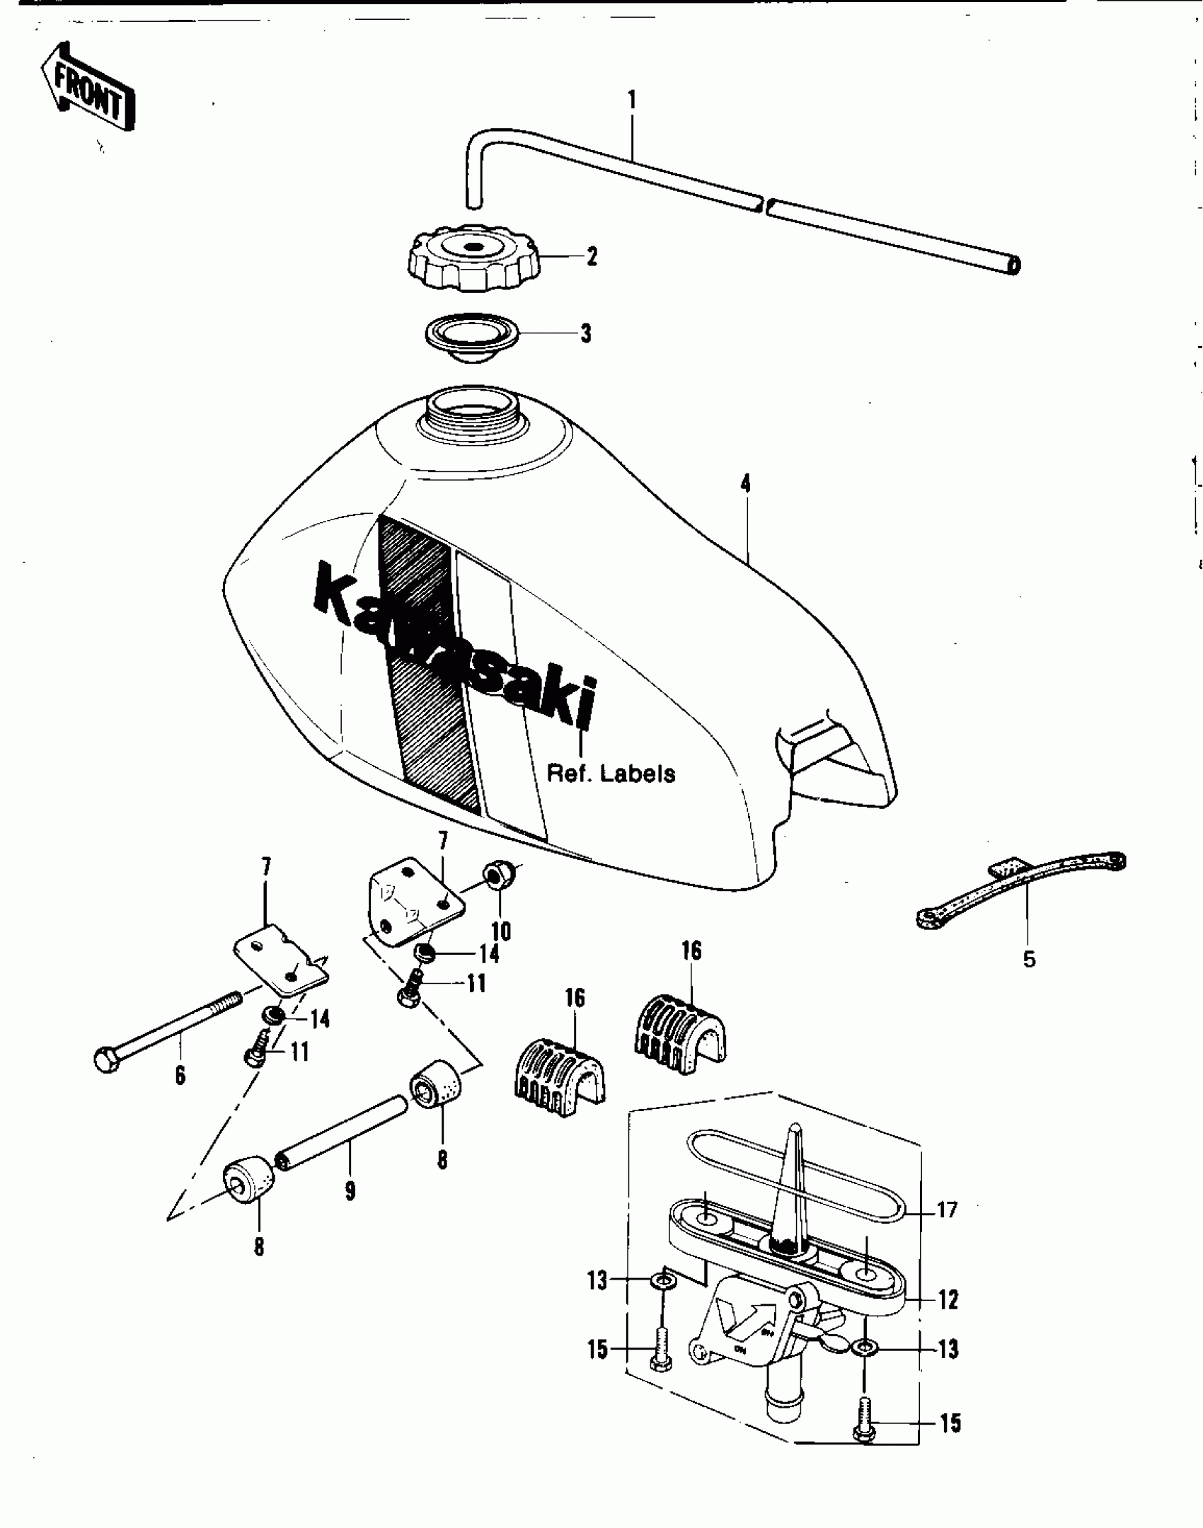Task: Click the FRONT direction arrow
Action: point(87,86)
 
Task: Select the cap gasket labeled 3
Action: point(471,341)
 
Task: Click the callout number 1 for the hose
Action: point(631,100)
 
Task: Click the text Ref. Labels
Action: point(611,774)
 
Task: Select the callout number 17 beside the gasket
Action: point(947,1209)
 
